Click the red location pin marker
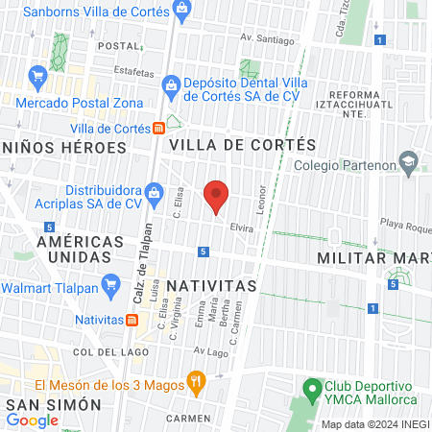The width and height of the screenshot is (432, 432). tap(216, 196)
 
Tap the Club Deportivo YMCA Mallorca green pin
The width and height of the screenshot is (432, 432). tap(310, 389)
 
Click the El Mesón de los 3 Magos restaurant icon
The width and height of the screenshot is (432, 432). tap(196, 382)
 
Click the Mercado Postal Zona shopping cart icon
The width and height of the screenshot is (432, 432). tap(37, 74)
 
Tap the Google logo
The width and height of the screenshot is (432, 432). tap(33, 420)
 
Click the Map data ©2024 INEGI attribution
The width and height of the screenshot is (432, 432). tap(374, 424)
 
